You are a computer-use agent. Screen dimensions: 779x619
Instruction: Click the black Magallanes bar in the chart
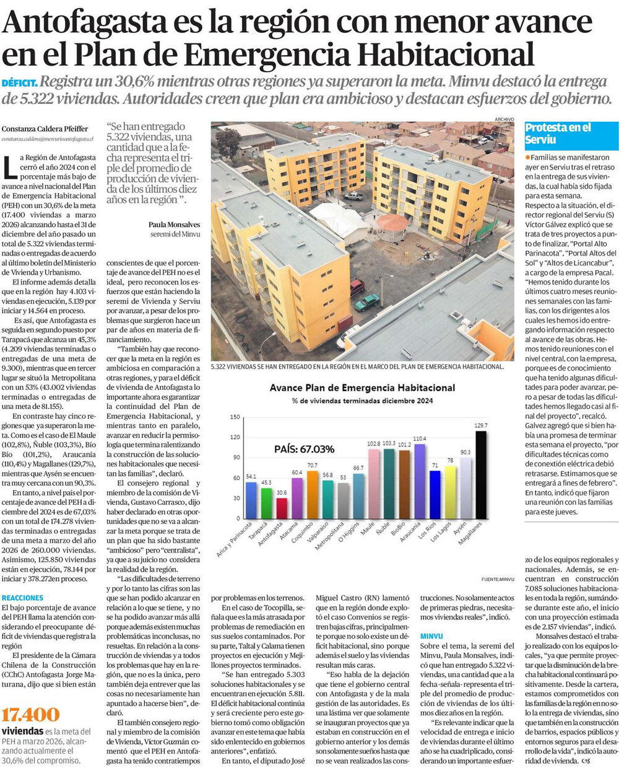480,475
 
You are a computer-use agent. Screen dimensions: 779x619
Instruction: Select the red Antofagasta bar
282,508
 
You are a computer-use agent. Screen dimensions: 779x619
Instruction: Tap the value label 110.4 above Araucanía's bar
420,439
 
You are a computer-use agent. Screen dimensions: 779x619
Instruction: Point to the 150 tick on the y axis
235,417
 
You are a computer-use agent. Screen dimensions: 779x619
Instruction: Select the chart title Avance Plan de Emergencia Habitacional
362,388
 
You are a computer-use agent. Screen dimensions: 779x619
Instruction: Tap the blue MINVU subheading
431,636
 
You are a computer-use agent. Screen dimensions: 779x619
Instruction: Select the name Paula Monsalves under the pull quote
174,225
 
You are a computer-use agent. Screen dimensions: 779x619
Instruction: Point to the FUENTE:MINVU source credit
498,579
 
